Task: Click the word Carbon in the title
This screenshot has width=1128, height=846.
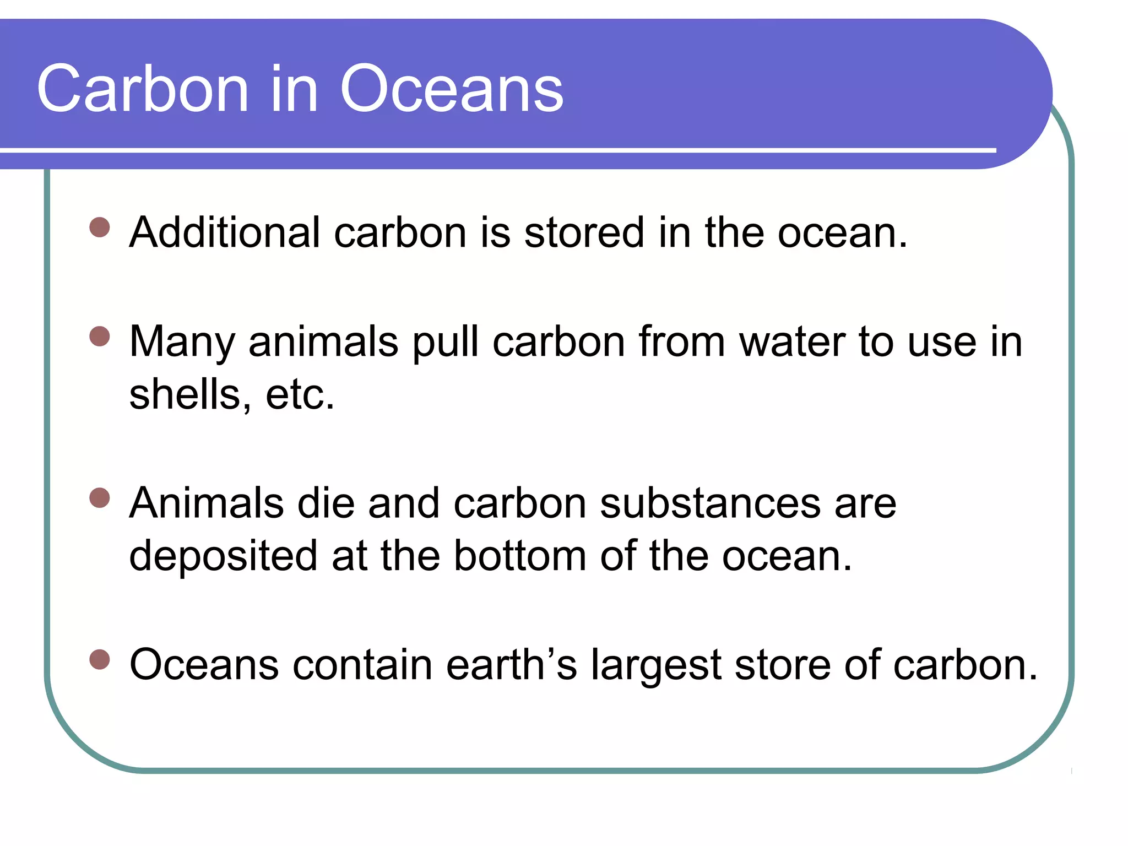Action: point(143,89)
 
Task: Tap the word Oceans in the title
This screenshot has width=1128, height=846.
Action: point(452,89)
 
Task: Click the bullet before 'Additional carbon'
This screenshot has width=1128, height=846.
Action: point(100,227)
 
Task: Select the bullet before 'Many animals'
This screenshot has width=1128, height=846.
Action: point(100,336)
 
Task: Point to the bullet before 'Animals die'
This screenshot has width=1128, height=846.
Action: point(100,497)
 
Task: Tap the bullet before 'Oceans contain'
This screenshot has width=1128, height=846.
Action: point(100,659)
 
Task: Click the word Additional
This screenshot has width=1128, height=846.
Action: point(225,232)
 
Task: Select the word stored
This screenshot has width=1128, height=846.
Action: point(584,232)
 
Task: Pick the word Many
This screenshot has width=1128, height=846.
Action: point(182,342)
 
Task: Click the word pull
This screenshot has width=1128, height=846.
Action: point(446,342)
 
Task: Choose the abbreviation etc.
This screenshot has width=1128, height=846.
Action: point(300,394)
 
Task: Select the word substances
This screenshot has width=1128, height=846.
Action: point(710,503)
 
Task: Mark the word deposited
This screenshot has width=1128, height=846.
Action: point(223,556)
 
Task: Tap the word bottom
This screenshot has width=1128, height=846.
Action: point(520,556)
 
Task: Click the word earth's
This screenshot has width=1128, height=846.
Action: point(512,664)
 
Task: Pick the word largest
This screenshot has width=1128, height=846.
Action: point(656,664)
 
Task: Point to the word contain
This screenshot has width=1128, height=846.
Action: point(362,664)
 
